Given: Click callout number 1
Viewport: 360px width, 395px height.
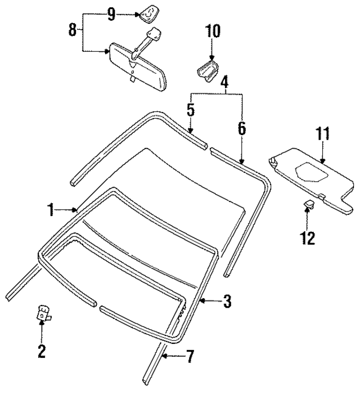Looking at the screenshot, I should [51, 210].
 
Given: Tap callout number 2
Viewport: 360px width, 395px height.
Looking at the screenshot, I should [42, 352].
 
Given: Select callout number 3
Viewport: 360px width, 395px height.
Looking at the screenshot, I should [227, 302].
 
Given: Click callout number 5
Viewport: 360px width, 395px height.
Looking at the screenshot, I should [191, 109].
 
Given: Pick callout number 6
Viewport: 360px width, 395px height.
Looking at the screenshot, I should [242, 128].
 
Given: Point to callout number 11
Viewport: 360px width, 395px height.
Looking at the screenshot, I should [321, 134].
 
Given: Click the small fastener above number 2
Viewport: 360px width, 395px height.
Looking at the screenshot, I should [43, 313].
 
